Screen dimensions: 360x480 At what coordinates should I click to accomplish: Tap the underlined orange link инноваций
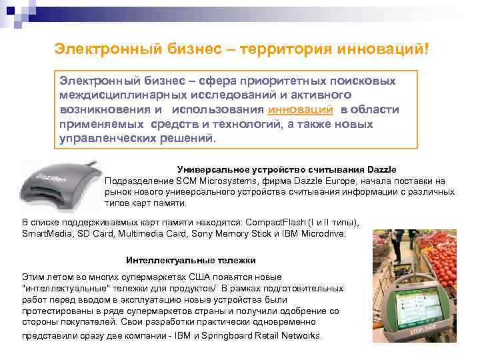click(300, 110)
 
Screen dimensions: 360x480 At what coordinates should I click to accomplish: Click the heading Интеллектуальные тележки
click(191, 260)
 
